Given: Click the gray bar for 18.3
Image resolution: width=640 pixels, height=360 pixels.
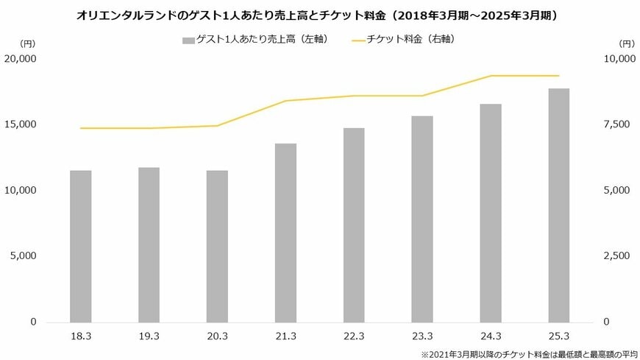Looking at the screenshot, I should (x=81, y=247).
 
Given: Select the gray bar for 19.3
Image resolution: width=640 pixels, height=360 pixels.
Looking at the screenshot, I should (x=149, y=245).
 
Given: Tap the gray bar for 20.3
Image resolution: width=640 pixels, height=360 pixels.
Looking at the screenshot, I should (x=217, y=247).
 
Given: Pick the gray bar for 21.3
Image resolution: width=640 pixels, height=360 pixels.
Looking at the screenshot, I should (x=285, y=233).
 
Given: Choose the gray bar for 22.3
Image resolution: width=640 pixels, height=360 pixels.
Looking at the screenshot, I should (x=354, y=225).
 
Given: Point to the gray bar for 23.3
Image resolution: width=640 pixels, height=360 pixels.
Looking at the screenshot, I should (x=422, y=219).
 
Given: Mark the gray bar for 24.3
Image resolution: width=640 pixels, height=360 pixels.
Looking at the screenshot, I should (x=491, y=213).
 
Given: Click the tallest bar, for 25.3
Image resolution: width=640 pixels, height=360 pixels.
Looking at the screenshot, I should (x=559, y=205).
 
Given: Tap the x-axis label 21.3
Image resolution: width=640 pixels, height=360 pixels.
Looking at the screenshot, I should (x=285, y=336).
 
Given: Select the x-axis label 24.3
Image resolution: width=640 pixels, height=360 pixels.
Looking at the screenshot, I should (x=491, y=336).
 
